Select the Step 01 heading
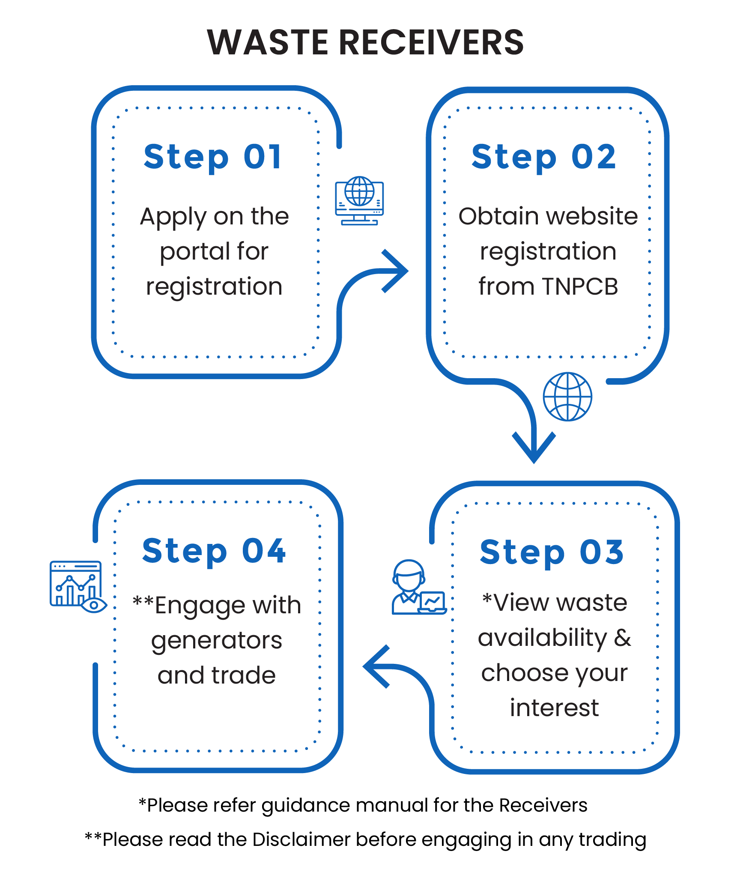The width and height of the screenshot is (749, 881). click(213, 157)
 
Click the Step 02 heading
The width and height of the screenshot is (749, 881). click(543, 157)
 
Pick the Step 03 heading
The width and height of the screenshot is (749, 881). click(552, 552)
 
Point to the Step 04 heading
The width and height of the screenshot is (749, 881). click(214, 551)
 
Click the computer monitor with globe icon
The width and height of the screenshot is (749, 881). click(359, 200)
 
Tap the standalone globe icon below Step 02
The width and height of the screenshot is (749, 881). click(567, 397)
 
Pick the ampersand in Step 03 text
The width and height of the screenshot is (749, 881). click(622, 638)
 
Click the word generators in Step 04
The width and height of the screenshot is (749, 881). click(217, 641)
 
